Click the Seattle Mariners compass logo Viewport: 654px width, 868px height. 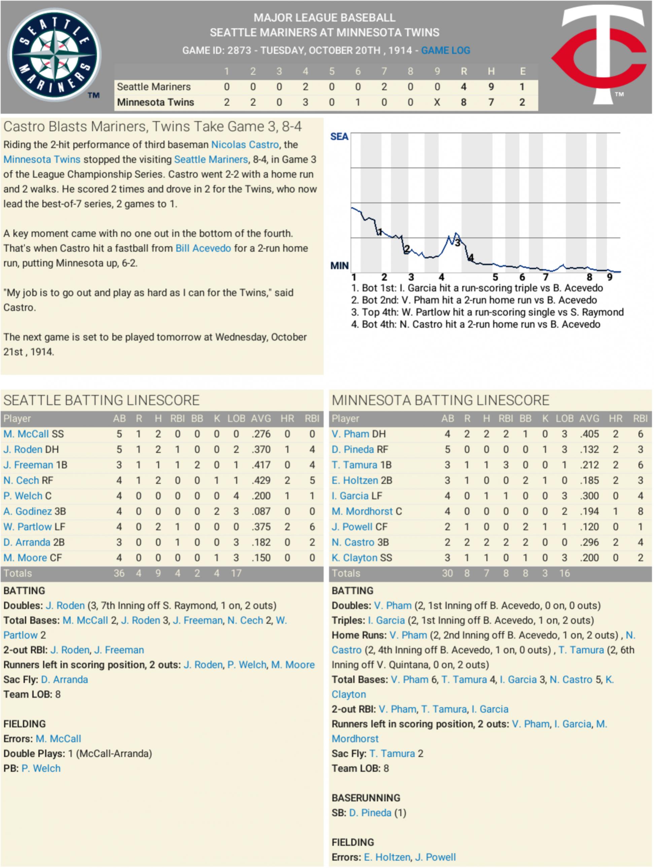click(55, 55)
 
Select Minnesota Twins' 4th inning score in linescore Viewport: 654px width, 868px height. click(305, 102)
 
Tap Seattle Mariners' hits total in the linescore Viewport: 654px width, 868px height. click(491, 87)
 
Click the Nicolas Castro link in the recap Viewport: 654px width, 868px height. click(245, 144)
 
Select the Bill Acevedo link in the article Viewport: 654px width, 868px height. click(203, 248)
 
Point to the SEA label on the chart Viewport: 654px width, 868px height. click(339, 136)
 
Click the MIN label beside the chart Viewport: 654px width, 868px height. click(339, 266)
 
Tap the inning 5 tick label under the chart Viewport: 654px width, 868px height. click(495, 277)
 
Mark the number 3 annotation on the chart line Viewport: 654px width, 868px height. click(457, 243)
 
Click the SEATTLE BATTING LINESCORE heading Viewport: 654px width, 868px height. click(101, 400)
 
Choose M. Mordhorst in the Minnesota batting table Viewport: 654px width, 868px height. click(362, 511)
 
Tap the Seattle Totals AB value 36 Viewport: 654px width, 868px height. click(119, 573)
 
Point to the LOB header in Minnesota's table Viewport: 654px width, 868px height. click(564, 418)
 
